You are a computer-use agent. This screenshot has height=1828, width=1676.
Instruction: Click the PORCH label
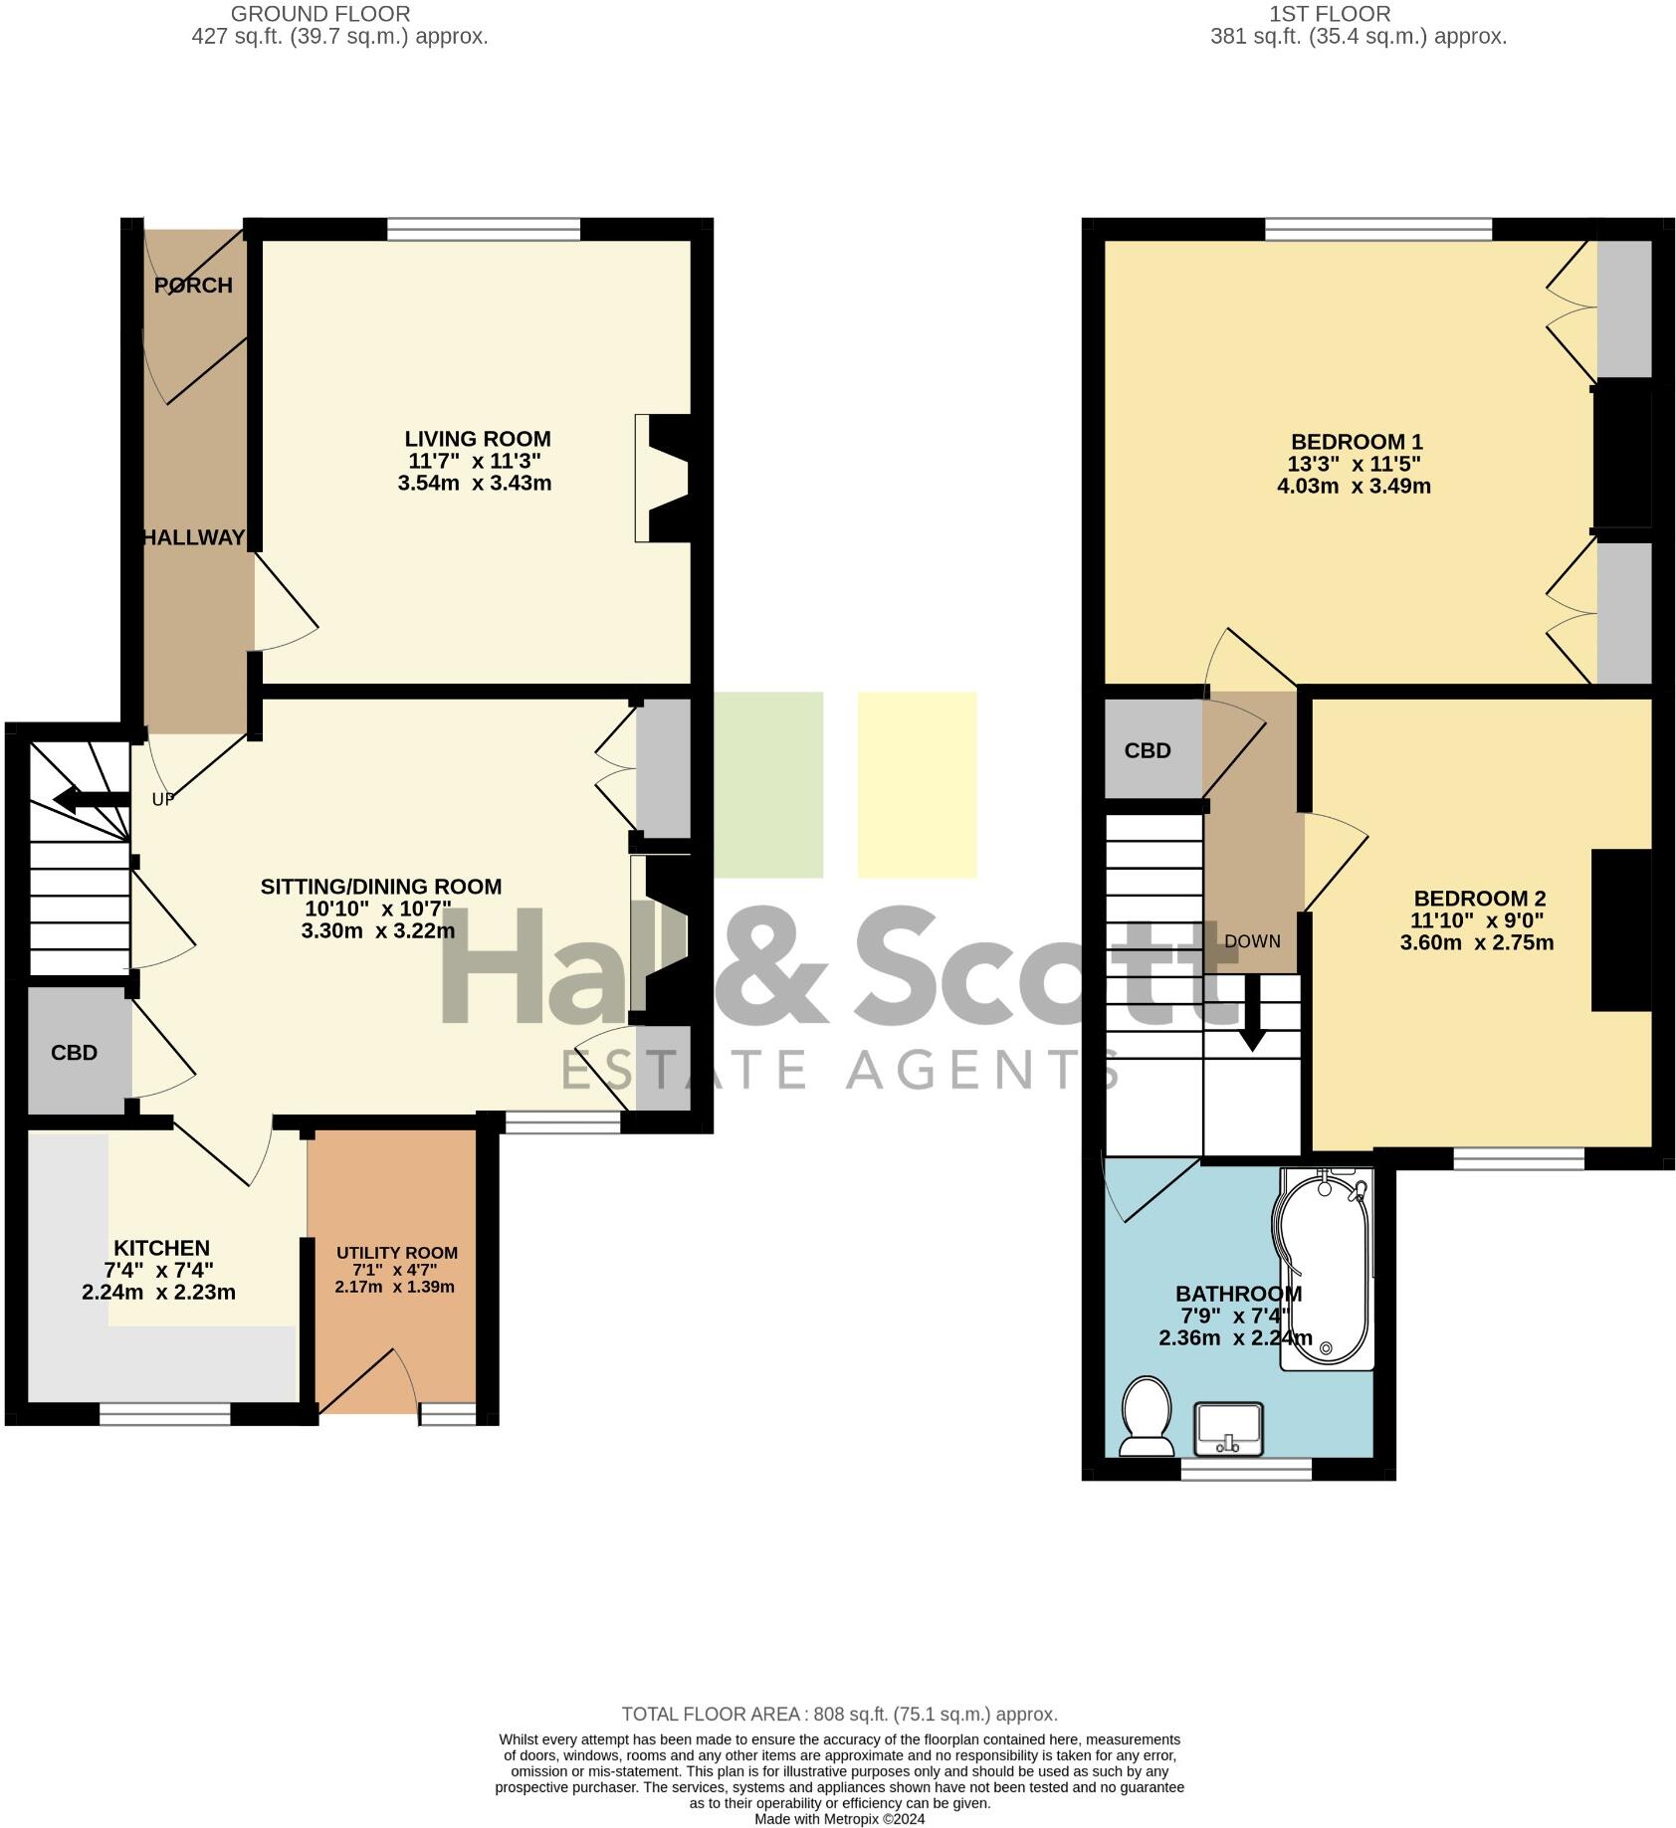pos(193,286)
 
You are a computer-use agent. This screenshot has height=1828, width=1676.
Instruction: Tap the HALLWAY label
pos(193,538)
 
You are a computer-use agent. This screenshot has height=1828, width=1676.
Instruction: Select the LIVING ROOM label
pos(477,439)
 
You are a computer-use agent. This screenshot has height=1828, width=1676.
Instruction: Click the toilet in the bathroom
pos(1146,1415)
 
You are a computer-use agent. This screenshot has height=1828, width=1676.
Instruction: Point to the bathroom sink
pos(1229,1430)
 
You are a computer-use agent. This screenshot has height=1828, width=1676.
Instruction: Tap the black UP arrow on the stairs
pos(90,799)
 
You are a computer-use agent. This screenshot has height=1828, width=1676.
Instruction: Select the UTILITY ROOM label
pos(396,1253)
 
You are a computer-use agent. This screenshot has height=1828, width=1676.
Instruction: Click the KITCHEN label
pos(161,1248)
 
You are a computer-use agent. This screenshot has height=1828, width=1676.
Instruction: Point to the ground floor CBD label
pos(75,1053)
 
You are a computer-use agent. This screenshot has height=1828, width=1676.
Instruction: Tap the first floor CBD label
pos(1148,751)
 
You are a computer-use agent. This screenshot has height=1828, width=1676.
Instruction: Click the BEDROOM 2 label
pos(1479,899)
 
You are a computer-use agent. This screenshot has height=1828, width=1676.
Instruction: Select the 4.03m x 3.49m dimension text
pos(1354,487)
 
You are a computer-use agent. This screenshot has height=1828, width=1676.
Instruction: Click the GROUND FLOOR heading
pos(320,14)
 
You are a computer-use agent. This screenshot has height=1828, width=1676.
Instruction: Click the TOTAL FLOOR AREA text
pos(839,1715)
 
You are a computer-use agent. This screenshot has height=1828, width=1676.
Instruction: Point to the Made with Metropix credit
pos(839,1819)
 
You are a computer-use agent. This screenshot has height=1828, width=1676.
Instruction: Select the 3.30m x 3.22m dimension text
pos(378,931)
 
